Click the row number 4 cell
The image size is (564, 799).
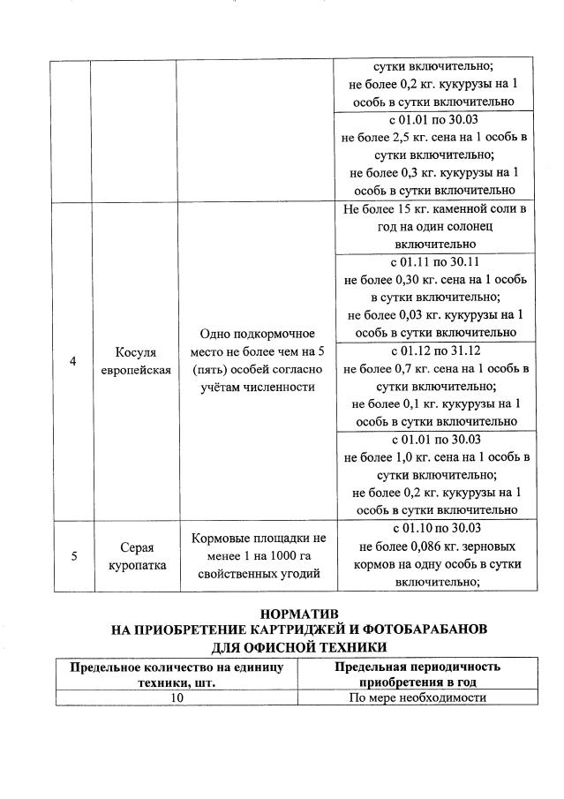73,361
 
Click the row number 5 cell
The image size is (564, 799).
73,555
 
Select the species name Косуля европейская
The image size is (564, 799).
134,361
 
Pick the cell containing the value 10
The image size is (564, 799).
177,697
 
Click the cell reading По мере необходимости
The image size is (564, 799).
417,697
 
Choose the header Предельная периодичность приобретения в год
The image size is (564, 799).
417,675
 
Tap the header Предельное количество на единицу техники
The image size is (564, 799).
177,675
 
